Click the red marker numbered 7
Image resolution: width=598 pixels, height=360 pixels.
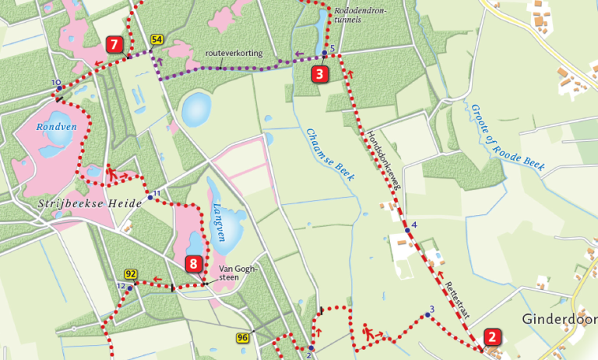click(114, 45)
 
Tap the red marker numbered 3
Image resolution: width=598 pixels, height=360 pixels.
click(320, 75)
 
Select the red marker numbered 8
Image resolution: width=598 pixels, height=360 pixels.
click(195, 264)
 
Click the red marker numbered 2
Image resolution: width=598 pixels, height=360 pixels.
click(492, 337)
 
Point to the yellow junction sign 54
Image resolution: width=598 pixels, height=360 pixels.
click(157, 40)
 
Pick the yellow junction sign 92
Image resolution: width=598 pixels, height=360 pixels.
click(131, 274)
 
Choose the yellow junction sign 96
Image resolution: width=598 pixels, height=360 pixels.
click(243, 337)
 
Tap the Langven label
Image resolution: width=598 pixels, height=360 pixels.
click(219, 222)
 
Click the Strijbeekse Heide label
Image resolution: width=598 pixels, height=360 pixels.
click(90, 203)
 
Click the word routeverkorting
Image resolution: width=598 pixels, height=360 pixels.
click(234, 53)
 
